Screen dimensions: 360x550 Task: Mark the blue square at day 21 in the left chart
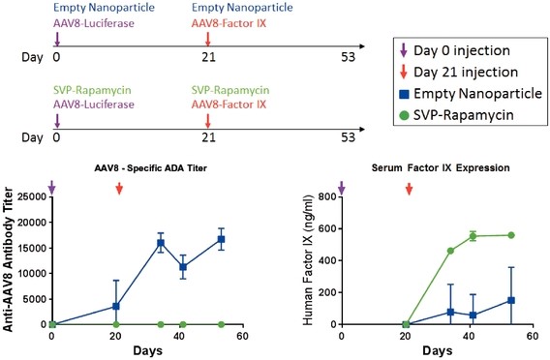pyautogui.click(x=117, y=306)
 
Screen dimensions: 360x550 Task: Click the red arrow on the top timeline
pyautogui.click(x=208, y=38)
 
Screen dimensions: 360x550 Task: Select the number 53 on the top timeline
pyautogui.click(x=350, y=57)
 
